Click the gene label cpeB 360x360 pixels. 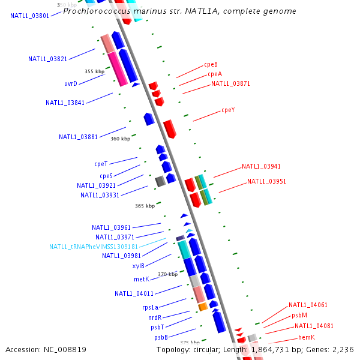[x=211, y=64]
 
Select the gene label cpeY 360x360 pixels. [x=228, y=110]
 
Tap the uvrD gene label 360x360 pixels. [x=71, y=84]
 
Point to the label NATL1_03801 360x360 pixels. [x=29, y=16]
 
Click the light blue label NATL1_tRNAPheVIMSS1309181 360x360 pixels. [x=94, y=247]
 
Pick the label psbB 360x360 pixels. [x=160, y=337]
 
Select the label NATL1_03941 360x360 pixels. [x=261, y=167]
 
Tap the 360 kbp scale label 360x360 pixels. [x=120, y=139]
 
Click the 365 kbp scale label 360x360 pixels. [x=145, y=206]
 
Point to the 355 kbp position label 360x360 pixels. [x=94, y=71]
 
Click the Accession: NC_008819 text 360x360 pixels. [x=46, y=349]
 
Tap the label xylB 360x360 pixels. [x=138, y=266]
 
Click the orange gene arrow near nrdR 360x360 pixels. [x=203, y=307]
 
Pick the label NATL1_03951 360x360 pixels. [x=266, y=181]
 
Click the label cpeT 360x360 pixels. [x=101, y=164]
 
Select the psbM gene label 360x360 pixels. [x=299, y=315]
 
